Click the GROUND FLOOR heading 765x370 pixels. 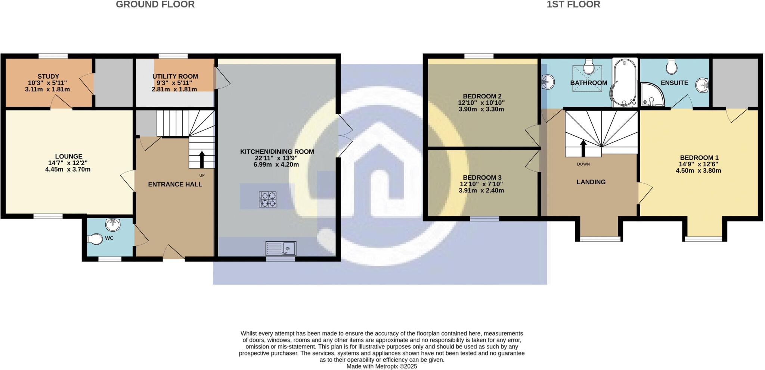[155, 4]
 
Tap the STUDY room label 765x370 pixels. [48, 76]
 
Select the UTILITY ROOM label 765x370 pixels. [175, 76]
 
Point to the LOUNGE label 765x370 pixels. [68, 157]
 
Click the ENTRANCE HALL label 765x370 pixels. [175, 184]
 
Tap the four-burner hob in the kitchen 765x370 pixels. [267, 199]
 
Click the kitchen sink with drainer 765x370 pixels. [281, 248]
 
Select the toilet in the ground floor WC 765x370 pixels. [95, 239]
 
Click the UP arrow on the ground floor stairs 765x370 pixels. [202, 160]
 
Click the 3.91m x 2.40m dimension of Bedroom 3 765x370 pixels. [481, 191]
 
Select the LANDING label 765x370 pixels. [591, 182]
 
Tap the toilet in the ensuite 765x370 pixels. [671, 67]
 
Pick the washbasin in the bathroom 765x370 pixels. [548, 81]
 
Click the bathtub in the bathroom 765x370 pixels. [624, 82]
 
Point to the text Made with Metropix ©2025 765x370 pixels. [382, 367]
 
